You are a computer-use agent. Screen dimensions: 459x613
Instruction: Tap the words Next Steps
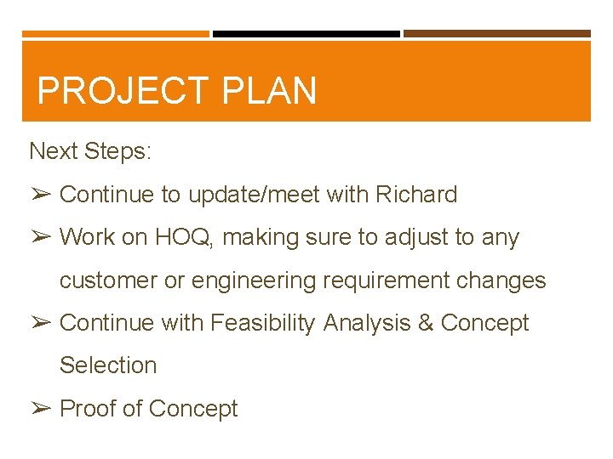(90, 151)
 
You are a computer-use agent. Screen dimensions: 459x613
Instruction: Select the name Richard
(417, 195)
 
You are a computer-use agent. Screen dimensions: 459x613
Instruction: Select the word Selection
(108, 365)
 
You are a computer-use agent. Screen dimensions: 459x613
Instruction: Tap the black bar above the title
(306, 34)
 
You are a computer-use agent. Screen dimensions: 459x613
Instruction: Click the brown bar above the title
(496, 34)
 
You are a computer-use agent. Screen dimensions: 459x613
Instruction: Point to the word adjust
(412, 237)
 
